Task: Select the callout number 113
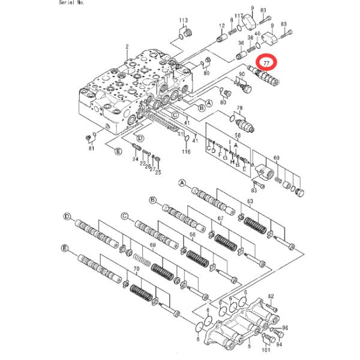[184, 21]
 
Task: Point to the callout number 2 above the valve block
[128, 46]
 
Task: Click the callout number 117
[238, 16]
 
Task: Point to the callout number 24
[134, 158]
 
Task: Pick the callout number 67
[220, 218]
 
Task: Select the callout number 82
[271, 296]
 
